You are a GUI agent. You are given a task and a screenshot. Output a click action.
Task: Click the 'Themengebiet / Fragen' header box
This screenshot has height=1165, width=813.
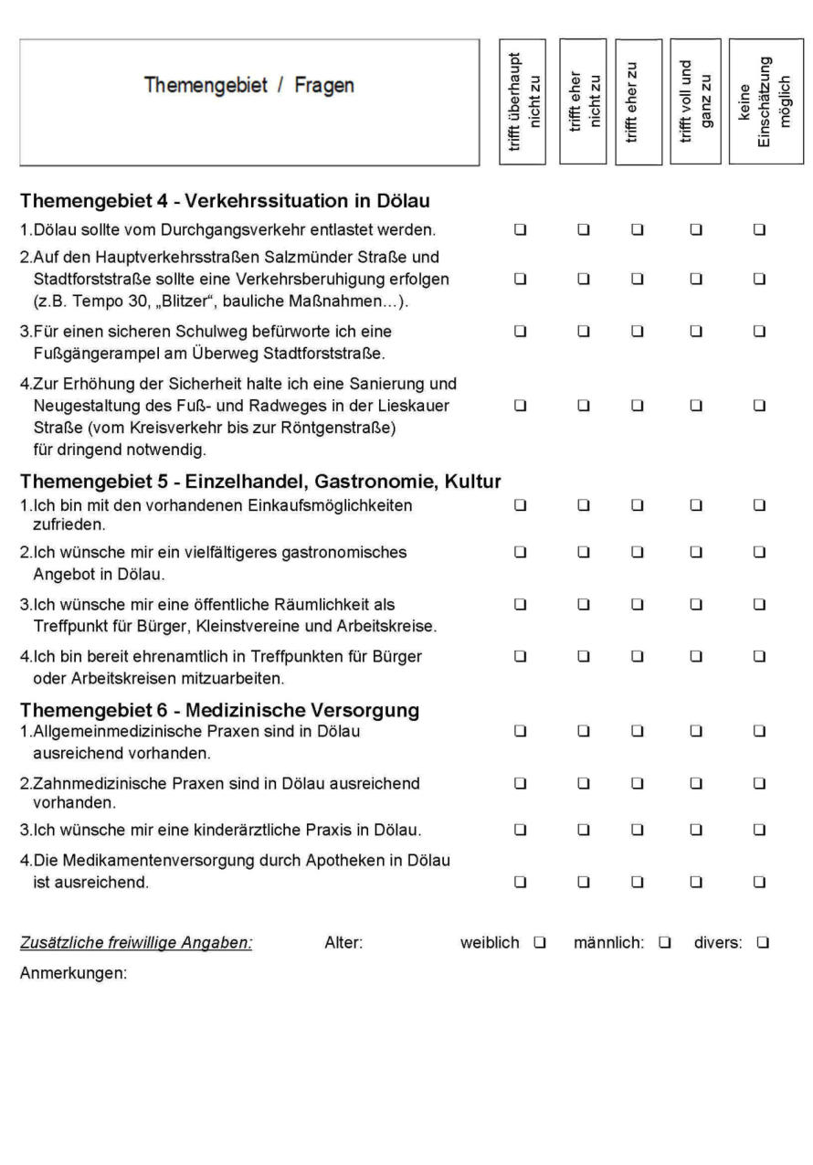coord(249,101)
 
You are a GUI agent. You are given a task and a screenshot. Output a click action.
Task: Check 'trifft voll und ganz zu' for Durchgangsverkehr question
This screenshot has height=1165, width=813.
coord(696,228)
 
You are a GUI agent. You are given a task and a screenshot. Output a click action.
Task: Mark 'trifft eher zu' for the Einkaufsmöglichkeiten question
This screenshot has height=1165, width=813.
coord(638,504)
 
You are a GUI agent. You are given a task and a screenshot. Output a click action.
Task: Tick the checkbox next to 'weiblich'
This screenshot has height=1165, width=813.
coord(539,942)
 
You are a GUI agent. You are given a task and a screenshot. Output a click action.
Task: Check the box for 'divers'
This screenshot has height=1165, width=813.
coord(762,942)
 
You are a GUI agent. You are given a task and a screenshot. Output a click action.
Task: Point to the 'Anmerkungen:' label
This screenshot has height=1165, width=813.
coord(73,974)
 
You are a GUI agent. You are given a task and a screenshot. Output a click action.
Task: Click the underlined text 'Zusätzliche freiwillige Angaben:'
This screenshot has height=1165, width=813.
coord(136,943)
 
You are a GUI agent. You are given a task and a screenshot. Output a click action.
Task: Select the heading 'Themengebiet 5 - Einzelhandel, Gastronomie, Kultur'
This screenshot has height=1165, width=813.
coord(261,482)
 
